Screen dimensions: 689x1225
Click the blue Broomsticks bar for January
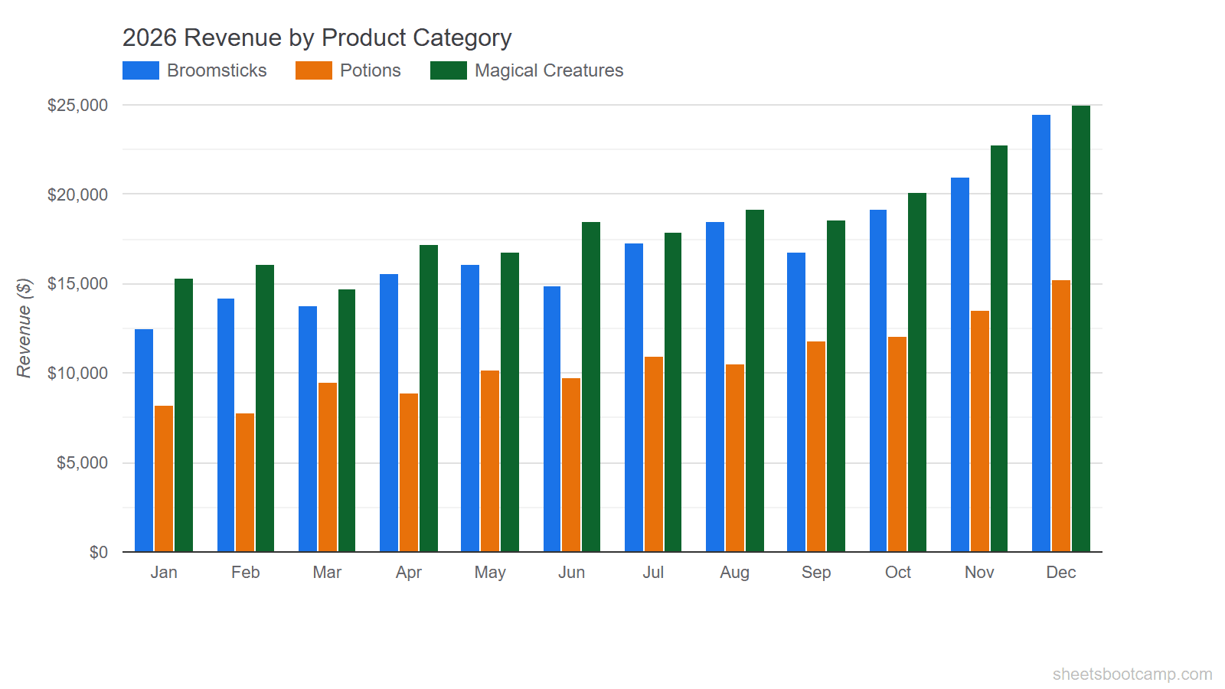tap(144, 440)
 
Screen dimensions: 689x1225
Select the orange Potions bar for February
tap(245, 482)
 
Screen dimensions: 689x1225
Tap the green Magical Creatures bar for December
tap(1080, 329)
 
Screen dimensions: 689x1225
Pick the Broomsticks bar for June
tap(552, 419)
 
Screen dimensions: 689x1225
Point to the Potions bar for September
tap(816, 446)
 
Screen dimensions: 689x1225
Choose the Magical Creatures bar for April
tap(429, 398)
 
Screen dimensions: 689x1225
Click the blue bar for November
tap(959, 364)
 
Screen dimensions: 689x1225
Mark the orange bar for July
tap(654, 454)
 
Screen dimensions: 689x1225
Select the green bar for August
tap(755, 380)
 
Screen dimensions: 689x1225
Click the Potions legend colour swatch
tap(314, 70)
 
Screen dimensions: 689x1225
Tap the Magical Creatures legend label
tap(548, 70)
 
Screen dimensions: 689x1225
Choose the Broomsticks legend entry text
tap(217, 70)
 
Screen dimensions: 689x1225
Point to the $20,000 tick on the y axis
tap(77, 194)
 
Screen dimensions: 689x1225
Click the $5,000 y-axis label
tap(82, 463)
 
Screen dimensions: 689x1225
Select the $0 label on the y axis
tap(98, 552)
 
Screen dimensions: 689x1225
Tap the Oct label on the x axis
tap(897, 573)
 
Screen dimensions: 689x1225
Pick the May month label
tap(490, 573)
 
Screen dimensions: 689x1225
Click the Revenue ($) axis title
tap(24, 328)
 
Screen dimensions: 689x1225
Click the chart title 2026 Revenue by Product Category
tap(317, 38)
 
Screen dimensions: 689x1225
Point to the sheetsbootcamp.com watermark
tap(1132, 674)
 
